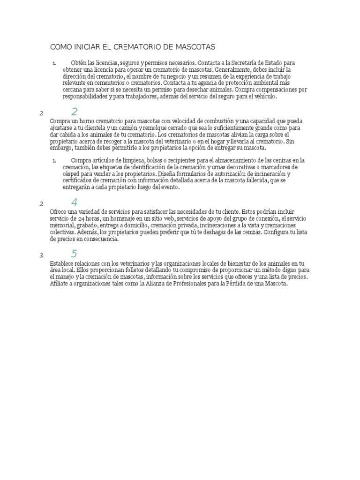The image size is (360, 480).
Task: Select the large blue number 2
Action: pos(75,112)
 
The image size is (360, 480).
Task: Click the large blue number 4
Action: pos(75,202)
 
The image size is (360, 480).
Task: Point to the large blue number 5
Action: pos(75,254)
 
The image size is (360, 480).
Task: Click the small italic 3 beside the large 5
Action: pos(41,255)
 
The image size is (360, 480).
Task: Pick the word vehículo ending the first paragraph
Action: pos(265,97)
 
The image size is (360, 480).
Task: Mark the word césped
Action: pos(71,173)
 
